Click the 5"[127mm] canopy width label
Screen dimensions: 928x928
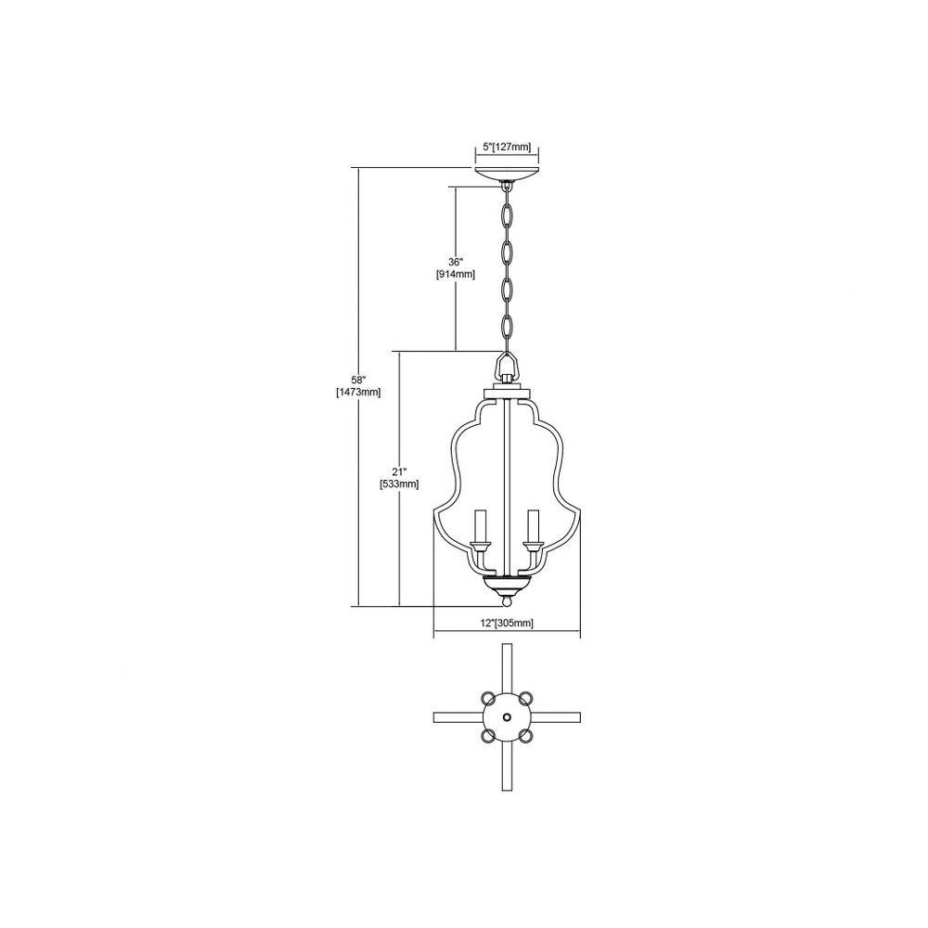click(507, 148)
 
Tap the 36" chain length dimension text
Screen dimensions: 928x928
click(455, 262)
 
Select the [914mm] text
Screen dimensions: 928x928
click(455, 275)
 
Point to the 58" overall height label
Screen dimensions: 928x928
click(359, 380)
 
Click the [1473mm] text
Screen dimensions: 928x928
click(358, 392)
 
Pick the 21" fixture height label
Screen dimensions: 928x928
click(399, 471)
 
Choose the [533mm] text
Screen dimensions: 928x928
click(399, 484)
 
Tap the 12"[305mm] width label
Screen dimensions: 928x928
click(507, 623)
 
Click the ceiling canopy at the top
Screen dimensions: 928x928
click(507, 174)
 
